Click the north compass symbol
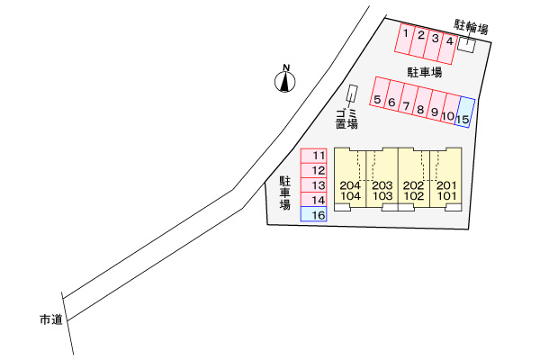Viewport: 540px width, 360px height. [284, 79]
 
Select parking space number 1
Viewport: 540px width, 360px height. [405, 39]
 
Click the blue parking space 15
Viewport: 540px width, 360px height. [465, 112]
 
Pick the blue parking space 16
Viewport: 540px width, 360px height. [313, 214]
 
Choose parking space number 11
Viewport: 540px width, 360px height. [313, 156]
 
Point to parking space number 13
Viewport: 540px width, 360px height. [313, 185]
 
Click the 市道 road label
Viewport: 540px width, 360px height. [51, 319]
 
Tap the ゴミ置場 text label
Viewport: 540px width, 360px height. [346, 119]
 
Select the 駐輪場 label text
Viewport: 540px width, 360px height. [471, 26]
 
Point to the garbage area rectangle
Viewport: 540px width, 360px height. [352, 93]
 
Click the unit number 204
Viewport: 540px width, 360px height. [350, 185]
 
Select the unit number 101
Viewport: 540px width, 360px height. [446, 196]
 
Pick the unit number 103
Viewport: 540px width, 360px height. [382, 196]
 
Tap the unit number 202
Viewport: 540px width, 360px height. [414, 185]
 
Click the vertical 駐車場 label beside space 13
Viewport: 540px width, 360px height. [284, 193]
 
